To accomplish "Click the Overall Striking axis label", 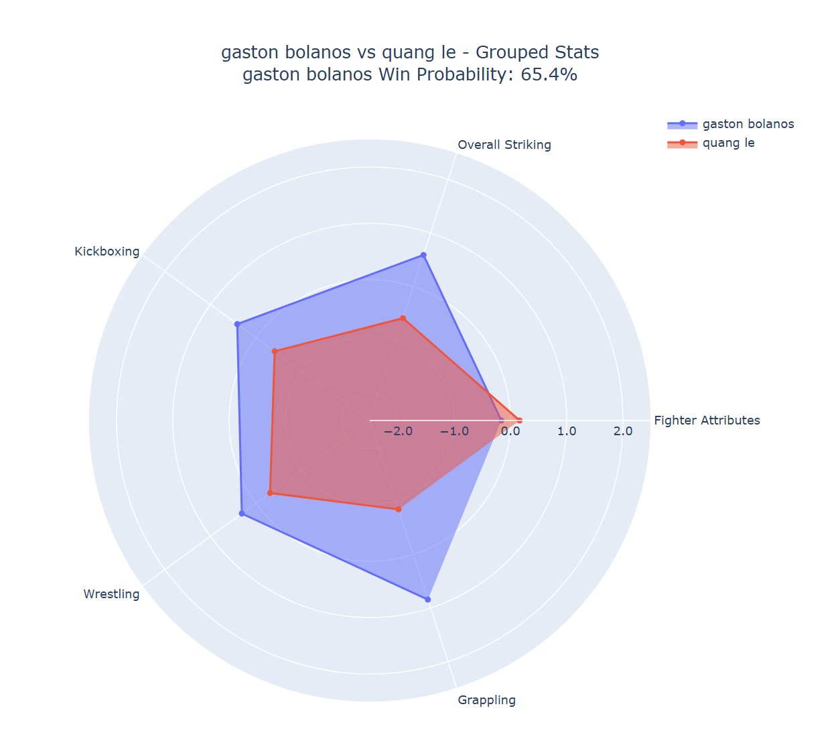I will click(504, 145).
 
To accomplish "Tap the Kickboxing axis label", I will click(107, 251).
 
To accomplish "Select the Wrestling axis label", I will click(111, 594).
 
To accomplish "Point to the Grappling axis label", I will click(486, 700).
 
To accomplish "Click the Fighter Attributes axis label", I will click(707, 420).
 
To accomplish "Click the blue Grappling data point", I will click(428, 600).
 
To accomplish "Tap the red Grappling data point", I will click(399, 510).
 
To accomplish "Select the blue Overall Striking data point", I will click(423, 255).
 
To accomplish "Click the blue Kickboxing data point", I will click(237, 325).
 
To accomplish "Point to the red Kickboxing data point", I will click(275, 351).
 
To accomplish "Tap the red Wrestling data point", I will click(270, 493).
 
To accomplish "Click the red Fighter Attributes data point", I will click(519, 420).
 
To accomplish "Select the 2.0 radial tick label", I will click(622, 431).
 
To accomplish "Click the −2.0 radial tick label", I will click(398, 431).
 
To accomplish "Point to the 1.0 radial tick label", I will click(566, 431).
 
